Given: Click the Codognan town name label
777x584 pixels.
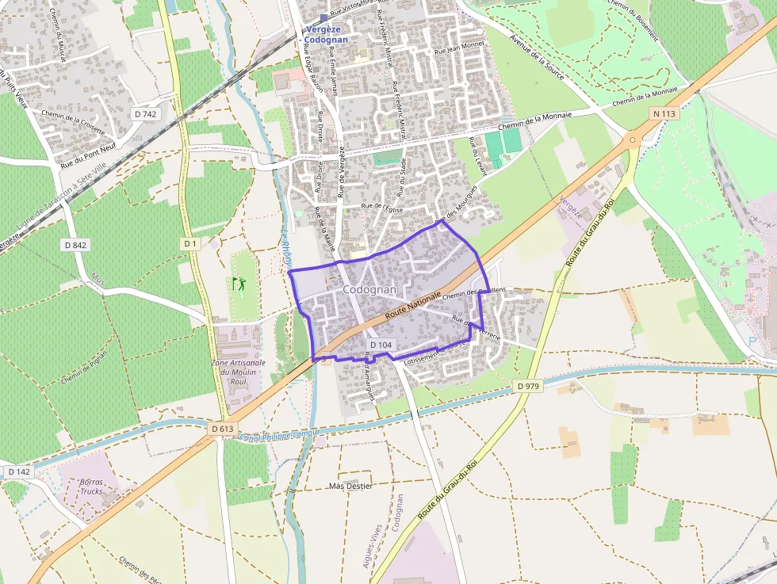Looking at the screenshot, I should [369, 290].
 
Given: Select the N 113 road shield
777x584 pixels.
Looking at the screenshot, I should [665, 114].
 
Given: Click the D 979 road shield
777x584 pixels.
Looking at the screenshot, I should [528, 386].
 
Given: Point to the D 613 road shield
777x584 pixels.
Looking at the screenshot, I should [224, 429].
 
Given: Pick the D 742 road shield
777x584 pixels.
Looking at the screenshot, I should [146, 114].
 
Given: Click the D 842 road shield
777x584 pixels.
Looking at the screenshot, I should [75, 245].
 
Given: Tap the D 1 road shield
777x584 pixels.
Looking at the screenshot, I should [190, 244].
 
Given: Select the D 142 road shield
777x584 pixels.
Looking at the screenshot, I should [19, 471].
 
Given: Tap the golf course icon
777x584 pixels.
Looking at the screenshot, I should [239, 283].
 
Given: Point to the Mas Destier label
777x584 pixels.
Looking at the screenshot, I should [350, 486].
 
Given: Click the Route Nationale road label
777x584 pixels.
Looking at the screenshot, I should [414, 304].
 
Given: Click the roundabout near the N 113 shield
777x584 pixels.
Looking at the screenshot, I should [633, 139].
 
